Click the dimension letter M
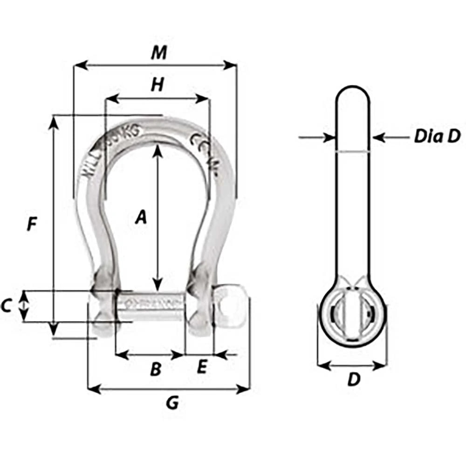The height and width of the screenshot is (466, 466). (159, 53)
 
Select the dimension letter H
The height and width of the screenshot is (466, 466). (158, 85)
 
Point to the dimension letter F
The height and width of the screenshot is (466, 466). (31, 225)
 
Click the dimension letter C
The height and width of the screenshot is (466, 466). (6, 306)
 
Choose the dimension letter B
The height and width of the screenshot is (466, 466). (155, 370)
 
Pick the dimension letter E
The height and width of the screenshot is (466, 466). (201, 368)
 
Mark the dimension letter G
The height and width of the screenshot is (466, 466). (172, 404)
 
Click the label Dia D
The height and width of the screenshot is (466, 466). (437, 137)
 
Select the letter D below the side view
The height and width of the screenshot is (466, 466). (354, 380)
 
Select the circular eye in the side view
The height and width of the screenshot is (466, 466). (352, 317)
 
